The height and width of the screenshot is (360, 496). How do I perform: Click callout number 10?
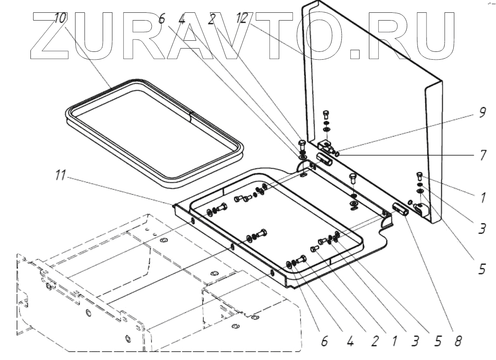(60, 19)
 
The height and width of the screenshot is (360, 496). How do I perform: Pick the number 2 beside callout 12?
(212, 19)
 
